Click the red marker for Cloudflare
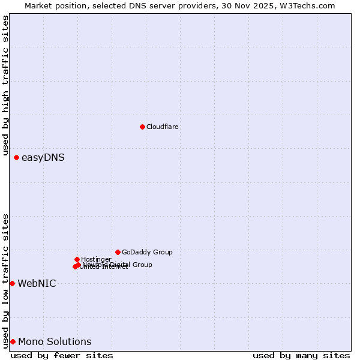[x=142, y=127]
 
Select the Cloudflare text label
[x=162, y=127]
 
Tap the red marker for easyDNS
[x=16, y=157]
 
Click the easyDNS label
[x=43, y=158]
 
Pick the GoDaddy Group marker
[x=118, y=252]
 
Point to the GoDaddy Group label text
[x=146, y=252]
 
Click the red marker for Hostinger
[x=77, y=259]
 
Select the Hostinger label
[x=96, y=259]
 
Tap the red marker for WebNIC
[x=12, y=283]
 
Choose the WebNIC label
[x=37, y=283]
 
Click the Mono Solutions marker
[x=13, y=341]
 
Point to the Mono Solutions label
[x=55, y=342]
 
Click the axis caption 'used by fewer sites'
[x=62, y=355]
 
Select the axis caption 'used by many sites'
[x=301, y=355]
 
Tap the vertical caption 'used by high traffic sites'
[x=5, y=86]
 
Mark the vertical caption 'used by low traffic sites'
[x=5, y=281]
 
